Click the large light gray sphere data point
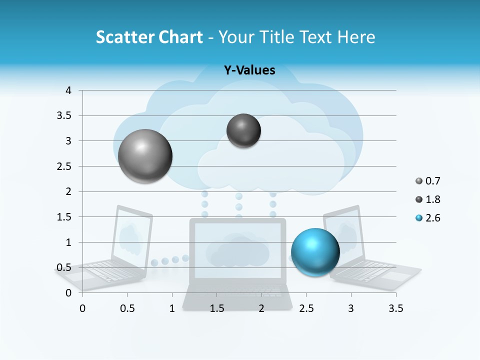pyautogui.click(x=145, y=156)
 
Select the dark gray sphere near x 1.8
pyautogui.click(x=243, y=130)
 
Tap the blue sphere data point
pyautogui.click(x=315, y=251)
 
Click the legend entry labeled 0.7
pyautogui.click(x=428, y=181)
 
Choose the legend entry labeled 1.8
pyautogui.click(x=428, y=199)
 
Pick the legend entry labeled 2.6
pyautogui.click(x=428, y=218)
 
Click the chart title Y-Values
pyautogui.click(x=249, y=70)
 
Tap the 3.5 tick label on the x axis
pyautogui.click(x=395, y=308)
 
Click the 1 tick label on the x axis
pyautogui.click(x=171, y=308)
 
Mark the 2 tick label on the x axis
pyautogui.click(x=261, y=308)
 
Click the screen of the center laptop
pyautogui.click(x=237, y=249)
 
